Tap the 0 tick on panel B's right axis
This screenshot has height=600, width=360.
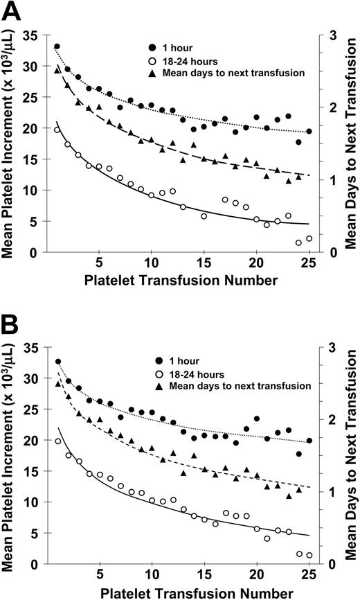(333, 564)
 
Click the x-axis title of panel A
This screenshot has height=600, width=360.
(180, 281)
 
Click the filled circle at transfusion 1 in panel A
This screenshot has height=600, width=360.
(57, 46)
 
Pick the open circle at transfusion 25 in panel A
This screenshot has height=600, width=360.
(309, 238)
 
